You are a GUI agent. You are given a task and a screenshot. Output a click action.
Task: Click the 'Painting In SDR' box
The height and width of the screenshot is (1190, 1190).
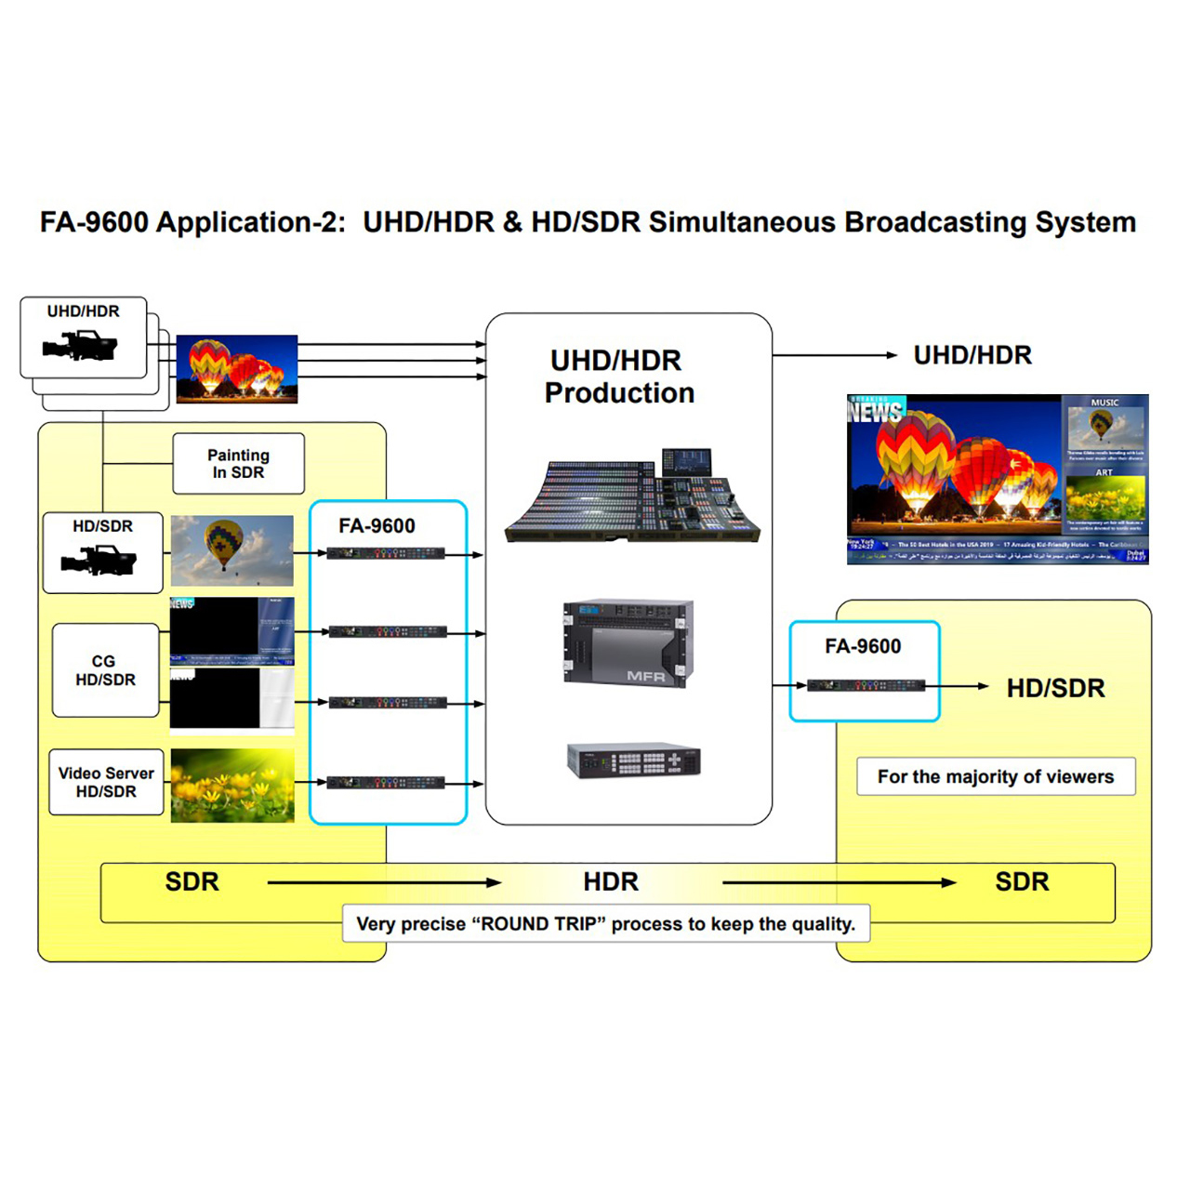point(238,463)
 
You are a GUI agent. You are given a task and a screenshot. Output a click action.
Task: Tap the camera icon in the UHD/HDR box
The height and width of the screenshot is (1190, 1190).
point(80,348)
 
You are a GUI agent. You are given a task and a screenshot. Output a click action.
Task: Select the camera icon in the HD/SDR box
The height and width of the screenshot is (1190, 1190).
point(99,562)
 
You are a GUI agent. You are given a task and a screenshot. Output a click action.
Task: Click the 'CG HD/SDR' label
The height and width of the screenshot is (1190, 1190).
point(105,670)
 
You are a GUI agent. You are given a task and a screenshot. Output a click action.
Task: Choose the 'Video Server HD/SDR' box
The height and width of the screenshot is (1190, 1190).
point(106,782)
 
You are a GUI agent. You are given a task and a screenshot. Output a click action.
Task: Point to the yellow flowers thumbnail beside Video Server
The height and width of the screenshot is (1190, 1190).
point(232,786)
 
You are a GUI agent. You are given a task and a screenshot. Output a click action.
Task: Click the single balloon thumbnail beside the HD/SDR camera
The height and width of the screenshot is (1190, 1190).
point(231,551)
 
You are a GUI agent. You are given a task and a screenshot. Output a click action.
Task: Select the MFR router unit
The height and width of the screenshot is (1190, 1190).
point(628,642)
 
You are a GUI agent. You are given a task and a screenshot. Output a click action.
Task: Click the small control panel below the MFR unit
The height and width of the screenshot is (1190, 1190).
point(634,760)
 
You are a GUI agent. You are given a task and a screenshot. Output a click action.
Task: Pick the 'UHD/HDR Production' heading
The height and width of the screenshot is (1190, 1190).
point(619,377)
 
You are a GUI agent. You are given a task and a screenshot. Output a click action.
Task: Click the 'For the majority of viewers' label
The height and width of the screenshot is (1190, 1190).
point(995,776)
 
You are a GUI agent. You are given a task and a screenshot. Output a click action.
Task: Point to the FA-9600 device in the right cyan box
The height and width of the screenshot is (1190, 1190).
point(866,686)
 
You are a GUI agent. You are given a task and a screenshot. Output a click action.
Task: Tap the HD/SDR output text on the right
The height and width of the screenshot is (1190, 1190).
point(1055,688)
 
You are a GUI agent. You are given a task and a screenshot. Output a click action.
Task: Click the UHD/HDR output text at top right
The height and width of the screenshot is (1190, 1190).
point(972,355)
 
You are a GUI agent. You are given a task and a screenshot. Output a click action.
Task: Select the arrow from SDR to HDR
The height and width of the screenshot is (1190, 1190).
point(384,882)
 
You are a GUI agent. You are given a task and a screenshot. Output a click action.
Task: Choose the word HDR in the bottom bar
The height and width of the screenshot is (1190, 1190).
point(611,881)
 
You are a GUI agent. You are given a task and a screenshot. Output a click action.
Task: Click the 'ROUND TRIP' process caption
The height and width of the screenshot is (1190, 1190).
point(606,924)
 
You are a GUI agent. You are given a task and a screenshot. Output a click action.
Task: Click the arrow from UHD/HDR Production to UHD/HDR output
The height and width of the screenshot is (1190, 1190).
point(834,355)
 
